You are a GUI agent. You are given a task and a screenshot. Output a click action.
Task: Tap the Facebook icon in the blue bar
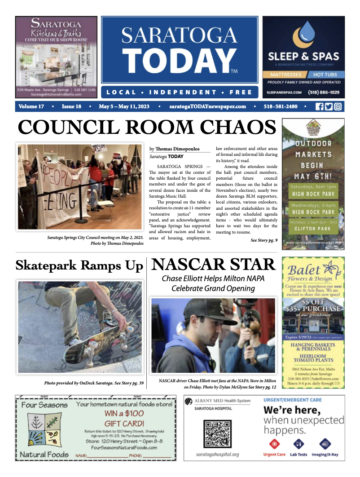pos(320,106)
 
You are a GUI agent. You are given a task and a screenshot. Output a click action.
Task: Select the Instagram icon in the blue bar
pos(338,106)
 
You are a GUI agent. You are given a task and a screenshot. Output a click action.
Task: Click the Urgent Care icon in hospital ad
pos(274,444)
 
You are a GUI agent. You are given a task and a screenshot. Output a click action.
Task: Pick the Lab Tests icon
pos(298,444)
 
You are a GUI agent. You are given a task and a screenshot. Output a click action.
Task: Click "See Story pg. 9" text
pos(263,241)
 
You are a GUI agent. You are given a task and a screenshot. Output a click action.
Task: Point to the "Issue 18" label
pos(71,107)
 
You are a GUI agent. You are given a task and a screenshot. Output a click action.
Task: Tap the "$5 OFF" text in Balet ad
pos(313,302)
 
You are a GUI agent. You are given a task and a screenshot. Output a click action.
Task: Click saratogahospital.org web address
pos(218,454)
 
